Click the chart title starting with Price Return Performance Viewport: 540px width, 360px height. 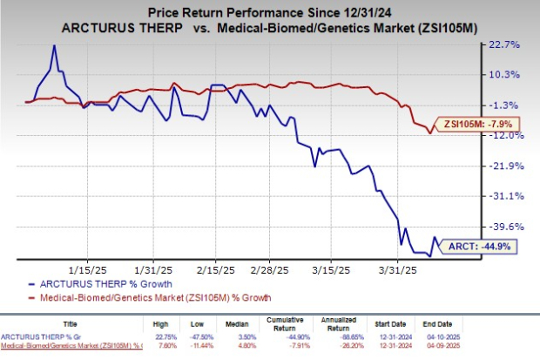pyautogui.click(x=269, y=10)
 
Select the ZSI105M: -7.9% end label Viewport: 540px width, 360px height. pyautogui.click(x=476, y=124)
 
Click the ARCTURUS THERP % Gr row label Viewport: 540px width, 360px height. pyautogui.click(x=40, y=336)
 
